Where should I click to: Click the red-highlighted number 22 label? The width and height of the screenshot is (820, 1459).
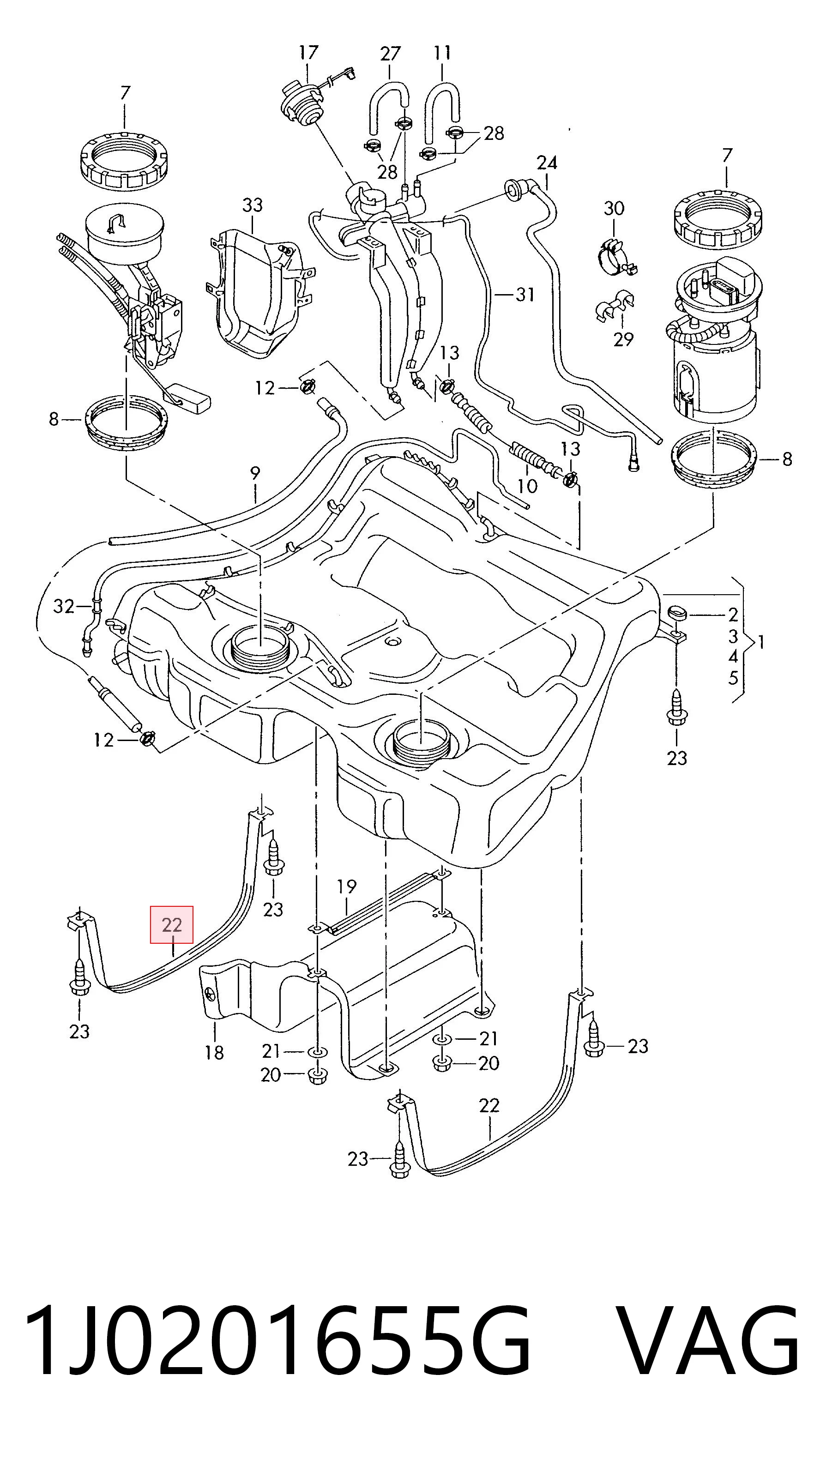(172, 925)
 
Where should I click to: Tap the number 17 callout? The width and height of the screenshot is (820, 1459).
(308, 53)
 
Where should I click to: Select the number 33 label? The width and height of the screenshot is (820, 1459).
(253, 205)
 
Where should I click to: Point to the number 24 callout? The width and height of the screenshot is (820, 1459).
(547, 163)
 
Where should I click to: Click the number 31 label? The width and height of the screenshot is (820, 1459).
(525, 295)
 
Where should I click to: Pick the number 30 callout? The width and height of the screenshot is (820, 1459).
(614, 208)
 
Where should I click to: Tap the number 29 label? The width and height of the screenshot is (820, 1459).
(623, 339)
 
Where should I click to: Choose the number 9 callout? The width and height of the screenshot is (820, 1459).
(255, 474)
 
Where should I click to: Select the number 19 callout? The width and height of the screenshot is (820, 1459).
(347, 886)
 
